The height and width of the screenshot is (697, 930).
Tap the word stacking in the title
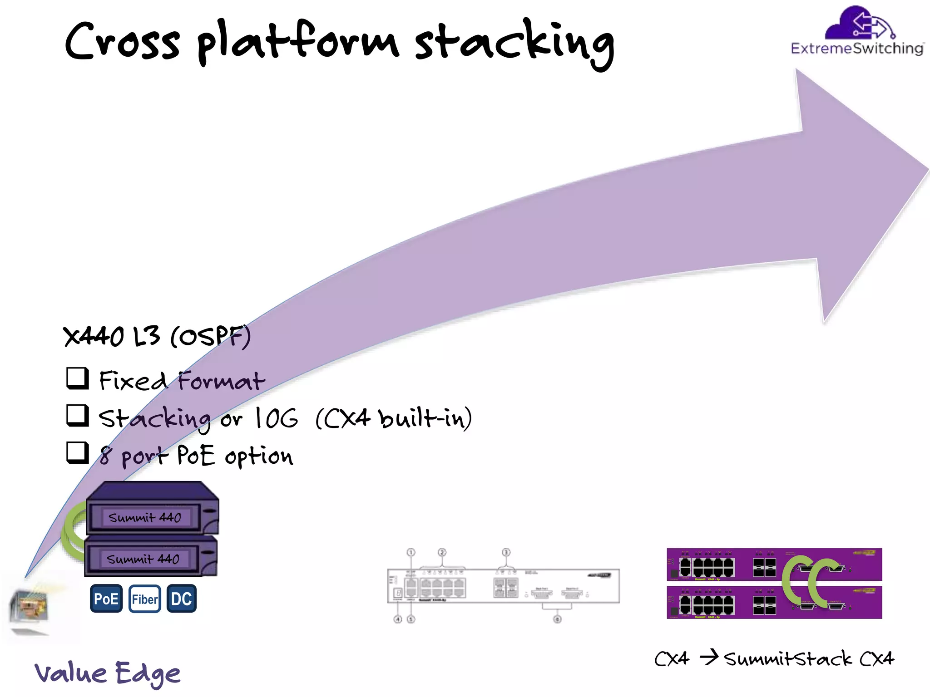(x=514, y=43)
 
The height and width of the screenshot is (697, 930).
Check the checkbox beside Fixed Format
(x=77, y=378)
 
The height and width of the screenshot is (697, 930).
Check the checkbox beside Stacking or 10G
(x=77, y=416)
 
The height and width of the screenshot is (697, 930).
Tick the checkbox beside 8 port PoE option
(x=77, y=452)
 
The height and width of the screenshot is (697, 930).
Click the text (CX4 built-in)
(x=393, y=418)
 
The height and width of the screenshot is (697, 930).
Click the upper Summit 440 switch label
(x=144, y=517)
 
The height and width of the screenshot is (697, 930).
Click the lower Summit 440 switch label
(x=143, y=559)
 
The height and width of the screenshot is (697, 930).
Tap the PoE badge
(x=106, y=599)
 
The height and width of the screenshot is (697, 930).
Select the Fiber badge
(x=144, y=599)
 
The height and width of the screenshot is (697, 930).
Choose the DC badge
(x=181, y=599)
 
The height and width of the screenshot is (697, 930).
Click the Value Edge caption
(x=108, y=673)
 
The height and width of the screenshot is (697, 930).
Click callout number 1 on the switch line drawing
(x=411, y=552)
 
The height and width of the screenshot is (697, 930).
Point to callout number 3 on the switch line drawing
(x=506, y=552)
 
